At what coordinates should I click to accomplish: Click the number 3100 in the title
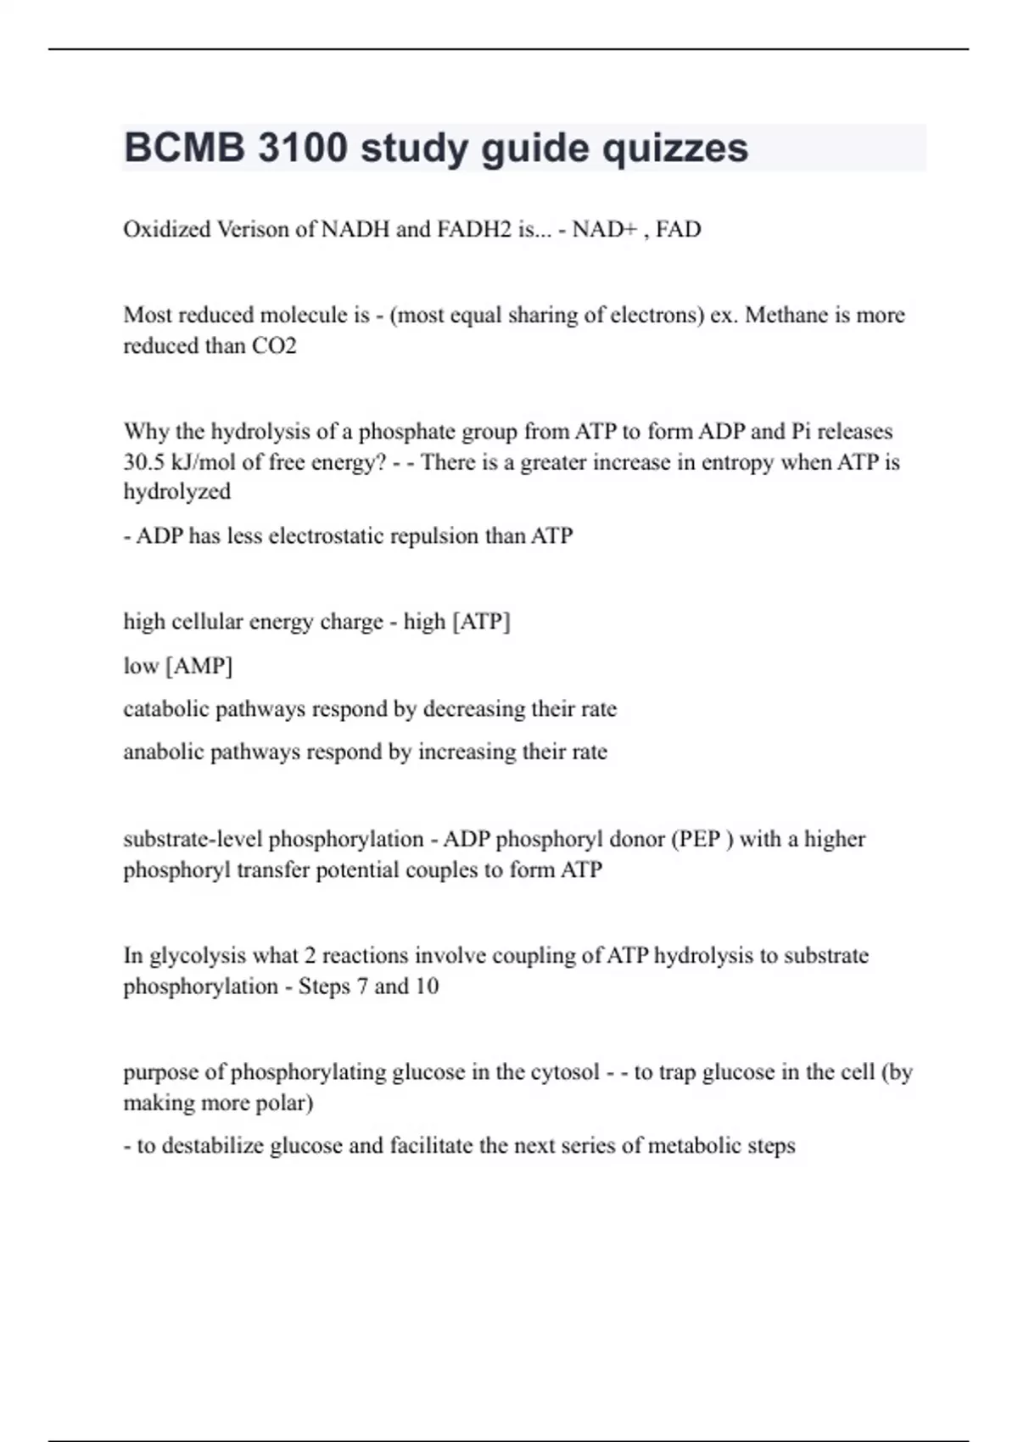tap(302, 148)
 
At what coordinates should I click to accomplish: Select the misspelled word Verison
tap(253, 230)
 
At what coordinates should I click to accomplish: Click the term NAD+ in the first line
tap(603, 230)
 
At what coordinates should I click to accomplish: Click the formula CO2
tap(274, 346)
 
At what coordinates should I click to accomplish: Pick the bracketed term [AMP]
tap(199, 666)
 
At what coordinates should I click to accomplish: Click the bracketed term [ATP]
tap(481, 622)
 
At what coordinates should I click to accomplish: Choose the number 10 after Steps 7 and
tap(427, 986)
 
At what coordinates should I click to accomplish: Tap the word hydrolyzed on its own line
tap(176, 492)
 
